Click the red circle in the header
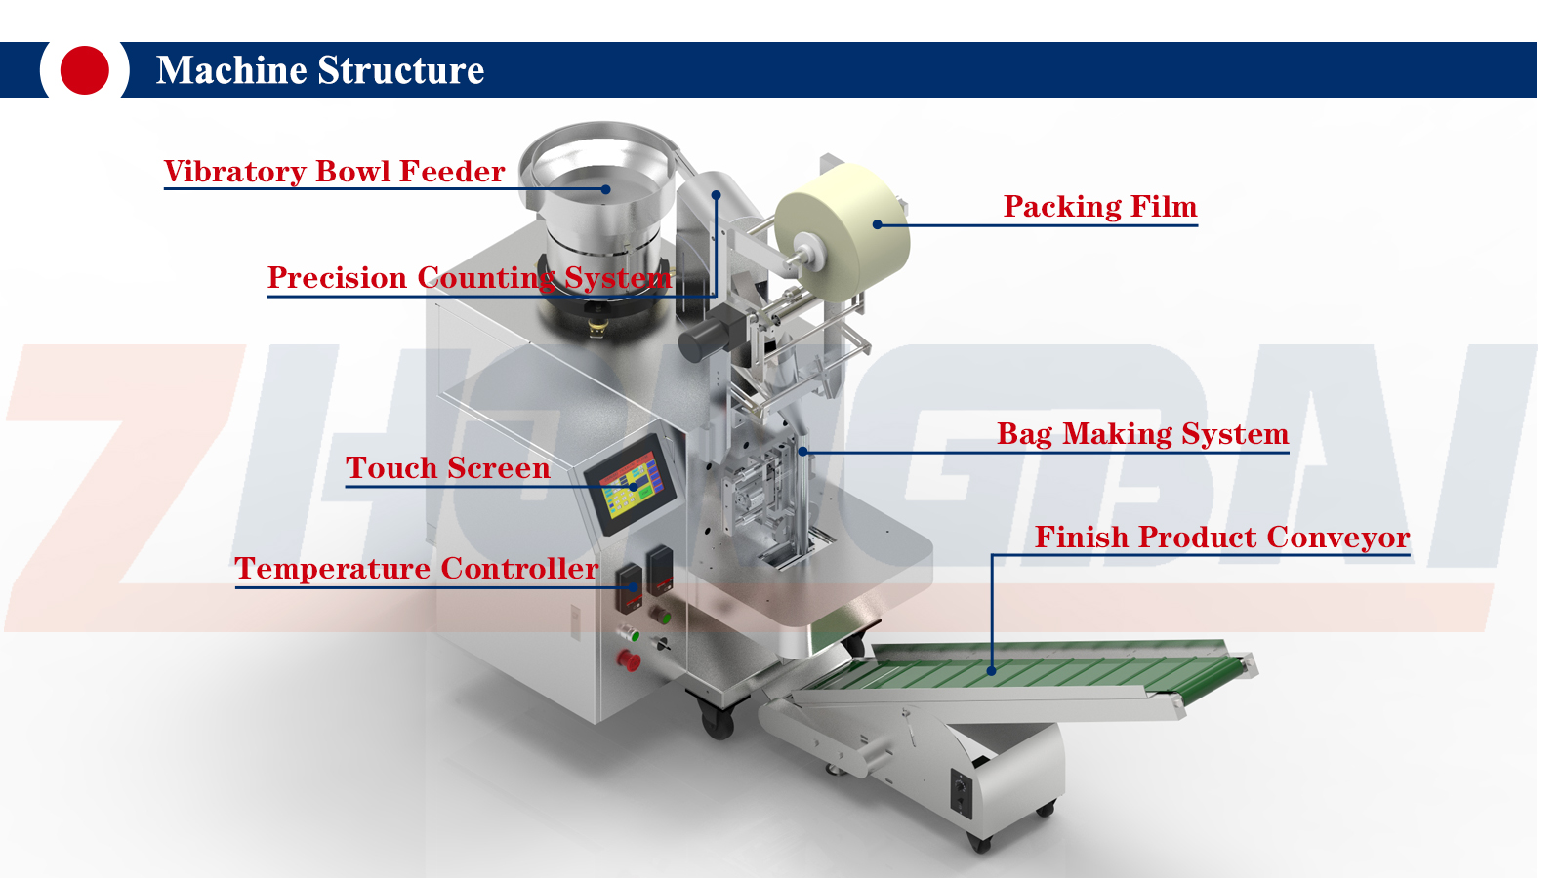pos(84,70)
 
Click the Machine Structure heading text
pos(320,70)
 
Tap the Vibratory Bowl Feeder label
pos(334,172)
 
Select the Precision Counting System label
pos(469,278)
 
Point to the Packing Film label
pos(1100,207)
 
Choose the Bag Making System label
pos(1142,434)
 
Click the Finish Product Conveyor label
pos(1222,538)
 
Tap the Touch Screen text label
pos(448,468)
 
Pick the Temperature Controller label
pos(417,569)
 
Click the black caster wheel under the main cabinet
pos(719,723)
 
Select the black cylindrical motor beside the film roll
pos(705,336)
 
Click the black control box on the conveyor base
pos(962,791)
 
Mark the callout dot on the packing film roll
pos(878,224)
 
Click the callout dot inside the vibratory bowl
pos(605,189)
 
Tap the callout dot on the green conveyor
pos(992,670)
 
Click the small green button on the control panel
pos(632,634)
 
